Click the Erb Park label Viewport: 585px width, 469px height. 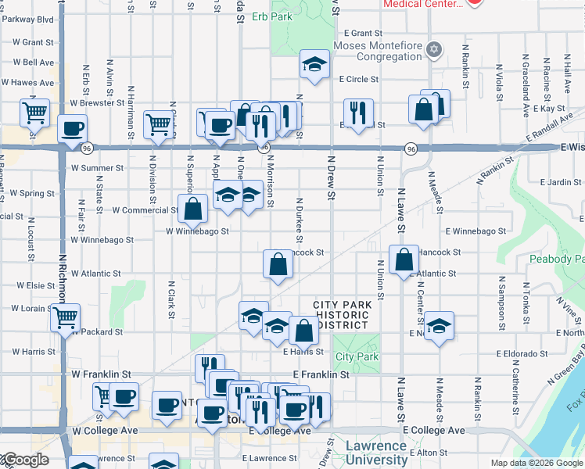coord(287,15)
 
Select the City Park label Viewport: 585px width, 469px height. coord(357,356)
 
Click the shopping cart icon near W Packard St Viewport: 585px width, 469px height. coord(66,317)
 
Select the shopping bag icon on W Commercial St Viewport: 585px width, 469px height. coord(192,209)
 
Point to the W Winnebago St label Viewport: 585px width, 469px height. coord(197,231)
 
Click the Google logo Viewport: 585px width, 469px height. coord(26,460)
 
